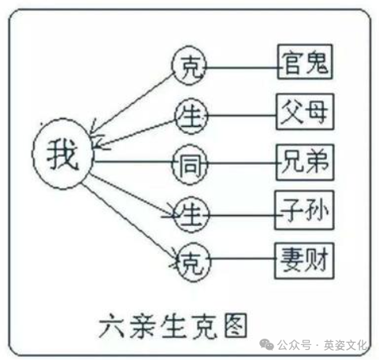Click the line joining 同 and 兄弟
pos(242,163)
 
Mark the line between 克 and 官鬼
pos(242,68)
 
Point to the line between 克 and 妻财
pos(243,258)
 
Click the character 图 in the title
pos(236,325)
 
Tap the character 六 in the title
pos(112,325)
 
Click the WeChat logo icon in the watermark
pos(266,344)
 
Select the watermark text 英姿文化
pos(345,345)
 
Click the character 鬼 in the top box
pos(317,62)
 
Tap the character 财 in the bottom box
pos(316,260)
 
